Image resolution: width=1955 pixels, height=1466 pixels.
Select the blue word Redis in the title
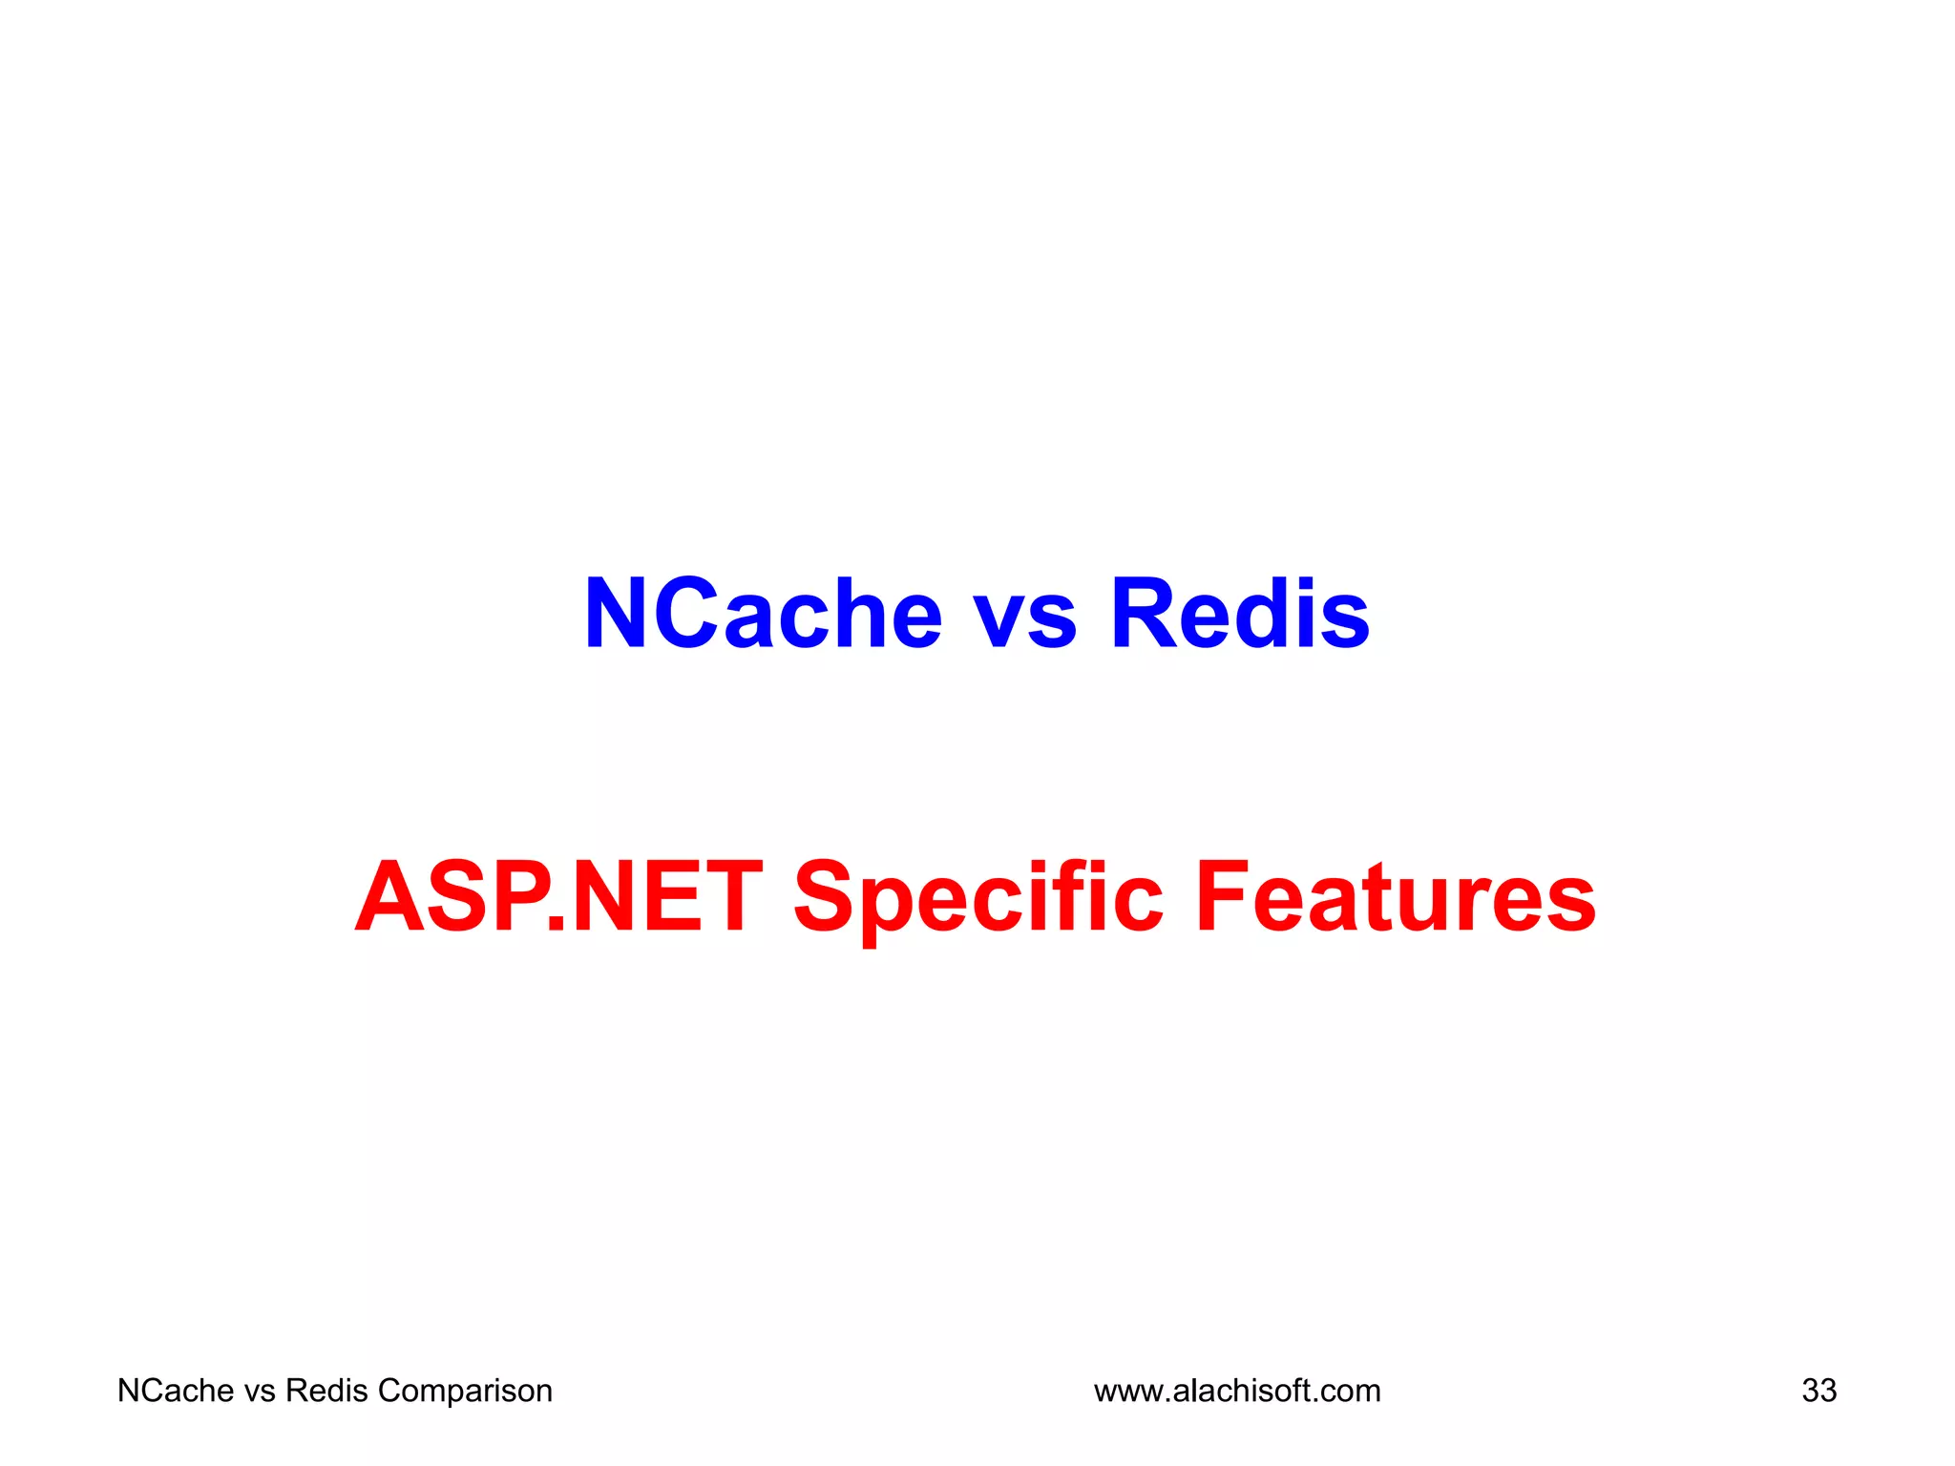pos(1240,614)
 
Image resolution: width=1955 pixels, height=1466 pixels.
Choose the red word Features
pos(1396,897)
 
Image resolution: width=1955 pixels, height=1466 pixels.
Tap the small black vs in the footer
pos(260,1392)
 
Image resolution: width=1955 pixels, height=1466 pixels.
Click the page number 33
pos(1818,1391)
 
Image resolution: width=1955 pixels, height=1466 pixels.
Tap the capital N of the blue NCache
pos(618,614)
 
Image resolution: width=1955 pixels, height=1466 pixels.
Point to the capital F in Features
pos(1223,897)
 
